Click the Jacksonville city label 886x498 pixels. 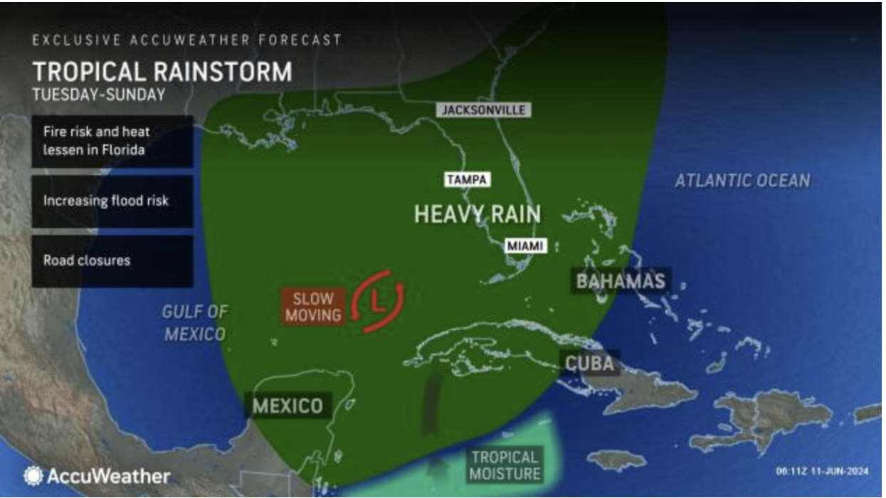[x=484, y=110]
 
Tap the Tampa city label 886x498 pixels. [x=467, y=180]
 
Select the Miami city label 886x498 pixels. [x=525, y=246]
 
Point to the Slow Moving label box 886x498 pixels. [x=313, y=307]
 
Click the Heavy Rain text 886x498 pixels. [x=477, y=214]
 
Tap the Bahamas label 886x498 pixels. [x=621, y=280]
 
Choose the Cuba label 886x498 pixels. [x=589, y=364]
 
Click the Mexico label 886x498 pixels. [x=288, y=406]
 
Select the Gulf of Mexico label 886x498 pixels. [x=194, y=322]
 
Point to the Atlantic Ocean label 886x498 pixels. [x=742, y=181]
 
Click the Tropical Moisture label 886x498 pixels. [x=505, y=465]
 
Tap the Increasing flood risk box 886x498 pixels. [x=112, y=201]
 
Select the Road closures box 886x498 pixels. [x=112, y=260]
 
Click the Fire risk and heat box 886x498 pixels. [x=112, y=142]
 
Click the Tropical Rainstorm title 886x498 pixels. [x=162, y=72]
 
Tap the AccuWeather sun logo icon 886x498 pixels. [x=33, y=476]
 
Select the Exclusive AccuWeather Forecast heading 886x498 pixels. [x=186, y=41]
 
